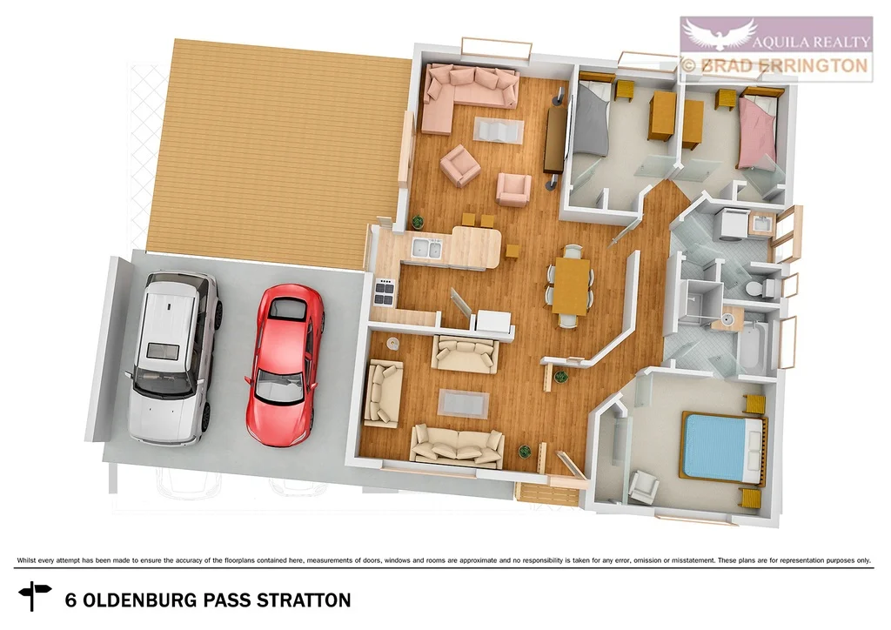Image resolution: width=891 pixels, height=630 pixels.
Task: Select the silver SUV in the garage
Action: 172,357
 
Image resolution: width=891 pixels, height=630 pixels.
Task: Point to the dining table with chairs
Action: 571,286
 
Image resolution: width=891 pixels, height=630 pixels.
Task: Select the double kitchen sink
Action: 426,250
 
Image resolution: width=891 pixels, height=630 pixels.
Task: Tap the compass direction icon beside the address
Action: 36,596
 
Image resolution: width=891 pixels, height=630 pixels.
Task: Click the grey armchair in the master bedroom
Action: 644,486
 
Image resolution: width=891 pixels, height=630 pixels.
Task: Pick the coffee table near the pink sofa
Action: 499,131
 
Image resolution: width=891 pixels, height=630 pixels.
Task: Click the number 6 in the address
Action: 70,600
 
